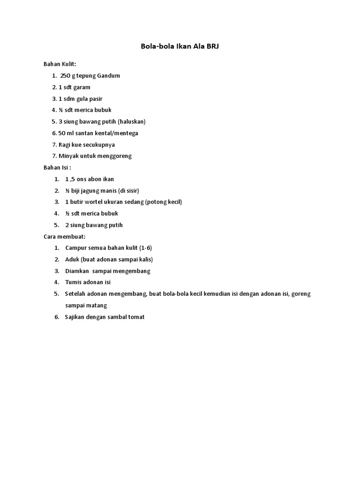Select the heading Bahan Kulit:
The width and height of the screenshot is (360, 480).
coord(60,64)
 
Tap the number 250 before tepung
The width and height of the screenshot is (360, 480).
coord(66,76)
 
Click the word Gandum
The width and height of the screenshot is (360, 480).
coord(108,76)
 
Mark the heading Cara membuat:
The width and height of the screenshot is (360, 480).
coord(65,236)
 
